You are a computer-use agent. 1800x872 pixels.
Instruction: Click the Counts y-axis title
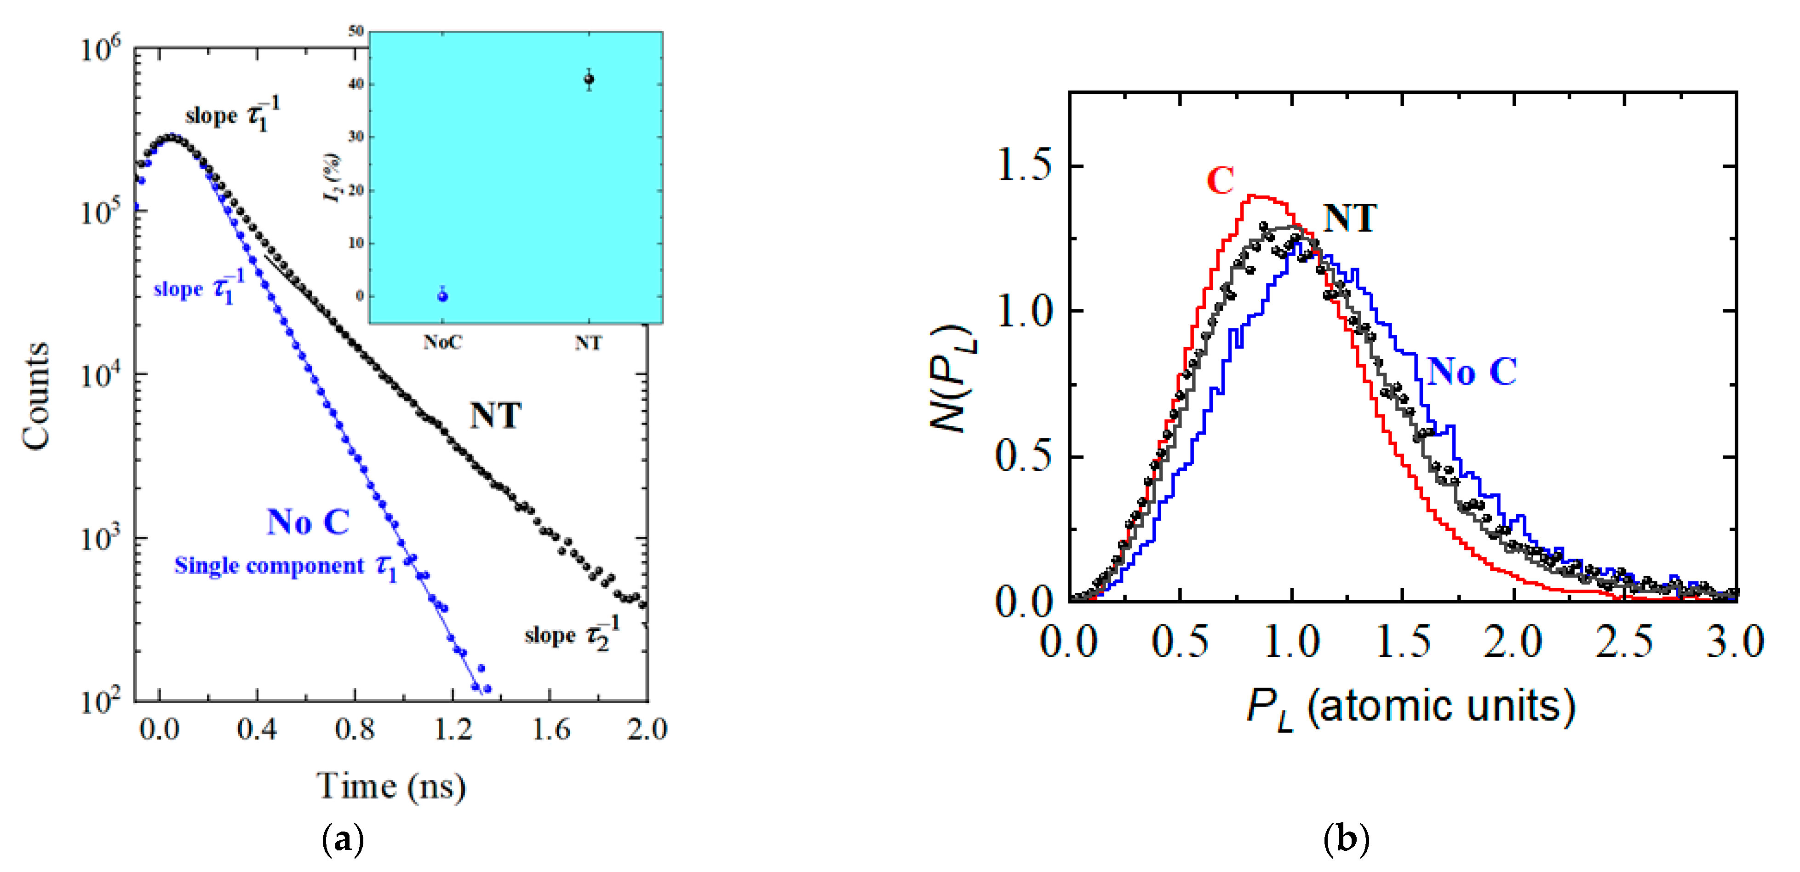click(x=35, y=396)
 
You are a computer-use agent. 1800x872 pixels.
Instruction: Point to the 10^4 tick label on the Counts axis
click(x=100, y=375)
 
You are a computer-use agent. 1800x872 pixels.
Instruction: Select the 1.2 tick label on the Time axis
click(x=453, y=729)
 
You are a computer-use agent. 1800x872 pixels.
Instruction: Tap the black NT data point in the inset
click(x=589, y=80)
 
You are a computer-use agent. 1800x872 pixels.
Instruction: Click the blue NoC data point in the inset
click(x=442, y=296)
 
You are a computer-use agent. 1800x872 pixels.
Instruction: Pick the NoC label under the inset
click(x=442, y=342)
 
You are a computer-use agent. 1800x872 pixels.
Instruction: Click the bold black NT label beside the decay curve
click(x=495, y=416)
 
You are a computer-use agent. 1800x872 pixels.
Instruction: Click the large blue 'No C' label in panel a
click(x=308, y=522)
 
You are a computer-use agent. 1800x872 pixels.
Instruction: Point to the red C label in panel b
click(x=1220, y=181)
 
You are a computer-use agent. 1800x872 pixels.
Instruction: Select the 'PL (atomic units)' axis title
click(x=1411, y=707)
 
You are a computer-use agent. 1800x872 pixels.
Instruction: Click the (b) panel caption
click(x=1347, y=838)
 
